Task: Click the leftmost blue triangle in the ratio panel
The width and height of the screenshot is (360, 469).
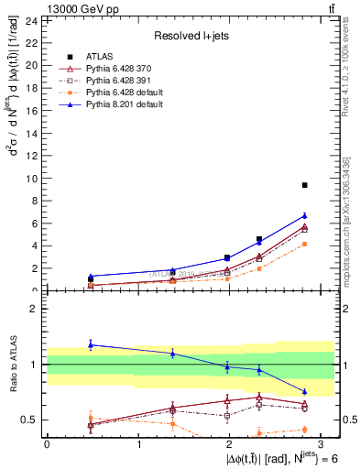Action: [x=91, y=344]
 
